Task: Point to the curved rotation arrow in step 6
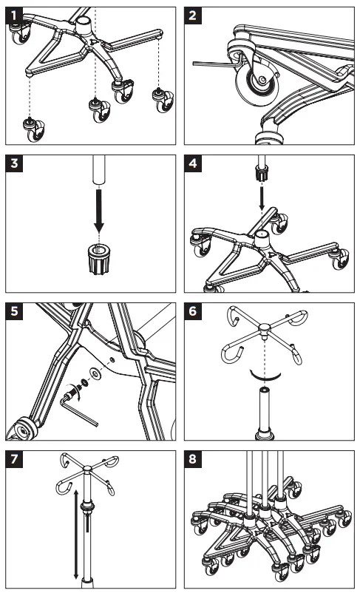point(263,373)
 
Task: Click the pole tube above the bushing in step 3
point(99,172)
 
